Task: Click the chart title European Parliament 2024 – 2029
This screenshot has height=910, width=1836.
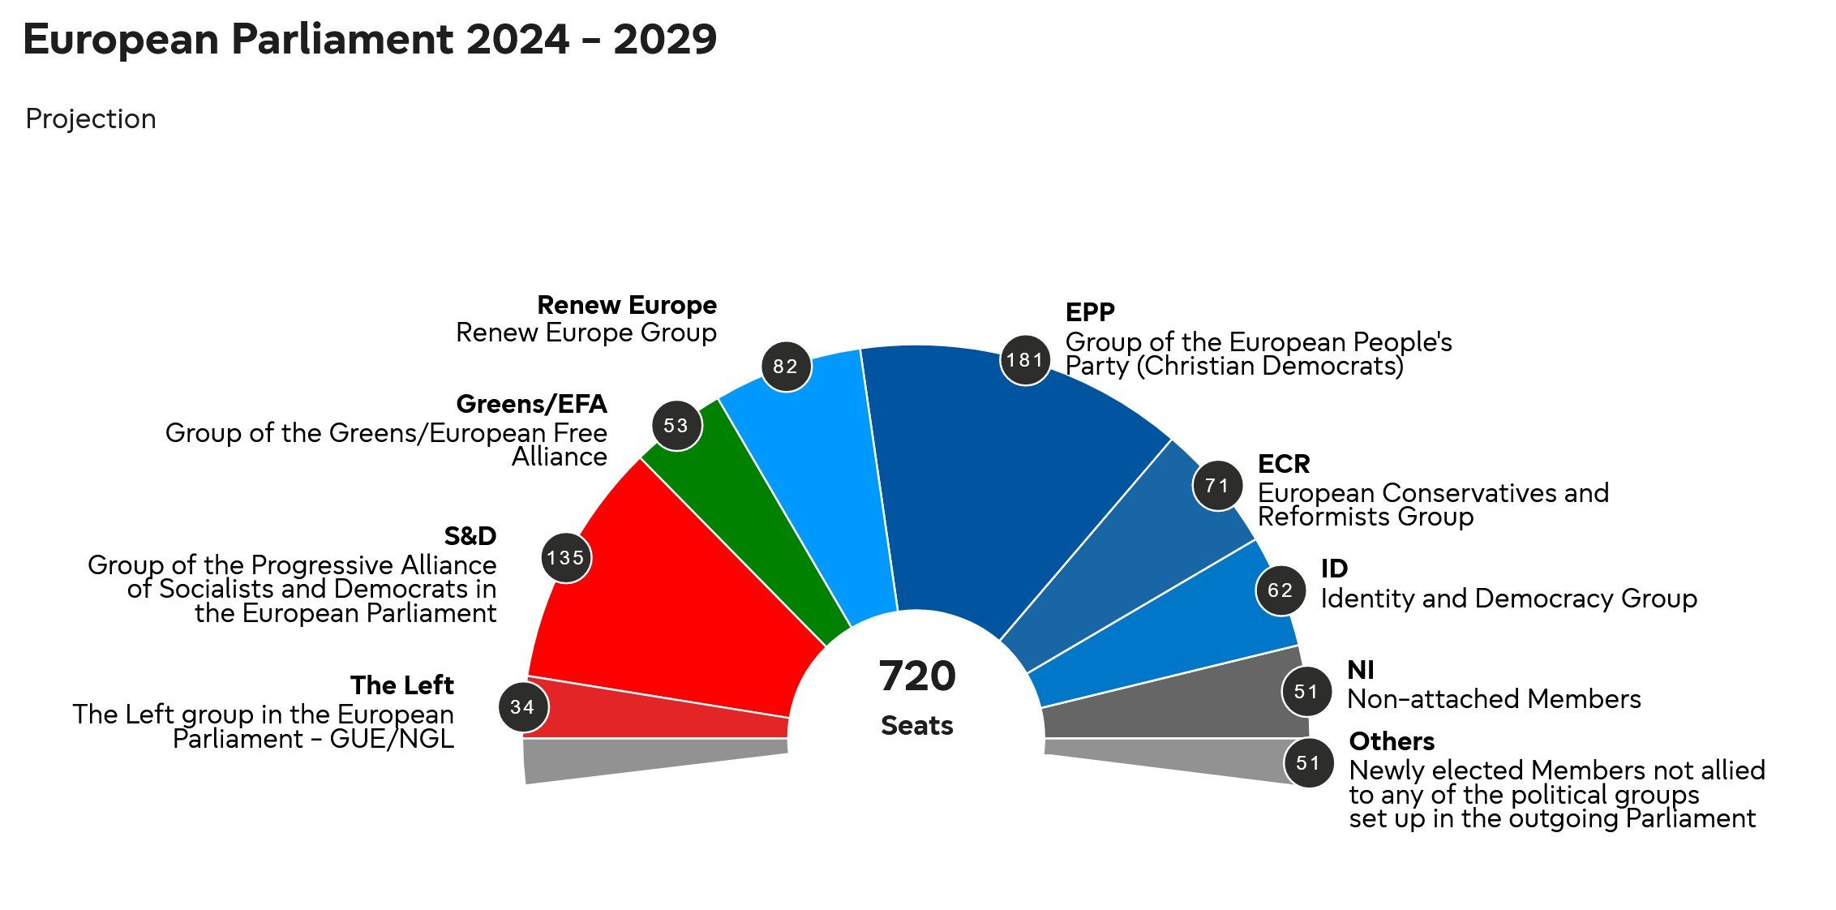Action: tap(370, 40)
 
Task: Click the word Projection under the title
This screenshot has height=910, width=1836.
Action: tap(91, 119)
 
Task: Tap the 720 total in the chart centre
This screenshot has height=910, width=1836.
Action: tap(917, 676)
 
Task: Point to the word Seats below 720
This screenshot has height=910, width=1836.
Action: tap(917, 725)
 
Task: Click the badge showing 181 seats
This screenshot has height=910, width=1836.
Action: tap(1025, 360)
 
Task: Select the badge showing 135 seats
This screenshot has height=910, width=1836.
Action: tap(566, 558)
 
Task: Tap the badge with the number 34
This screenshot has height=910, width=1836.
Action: tap(523, 707)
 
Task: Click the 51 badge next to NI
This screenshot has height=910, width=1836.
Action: tap(1306, 692)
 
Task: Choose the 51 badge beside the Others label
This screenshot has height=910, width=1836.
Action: tap(1308, 763)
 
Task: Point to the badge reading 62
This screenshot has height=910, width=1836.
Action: tap(1280, 590)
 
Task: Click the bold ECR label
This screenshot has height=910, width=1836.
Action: tap(1284, 464)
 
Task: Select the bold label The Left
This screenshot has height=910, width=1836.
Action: tap(402, 685)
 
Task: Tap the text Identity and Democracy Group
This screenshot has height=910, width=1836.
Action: tap(1508, 599)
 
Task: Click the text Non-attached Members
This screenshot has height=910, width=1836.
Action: tap(1494, 699)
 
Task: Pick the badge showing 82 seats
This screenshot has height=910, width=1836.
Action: tap(786, 367)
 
